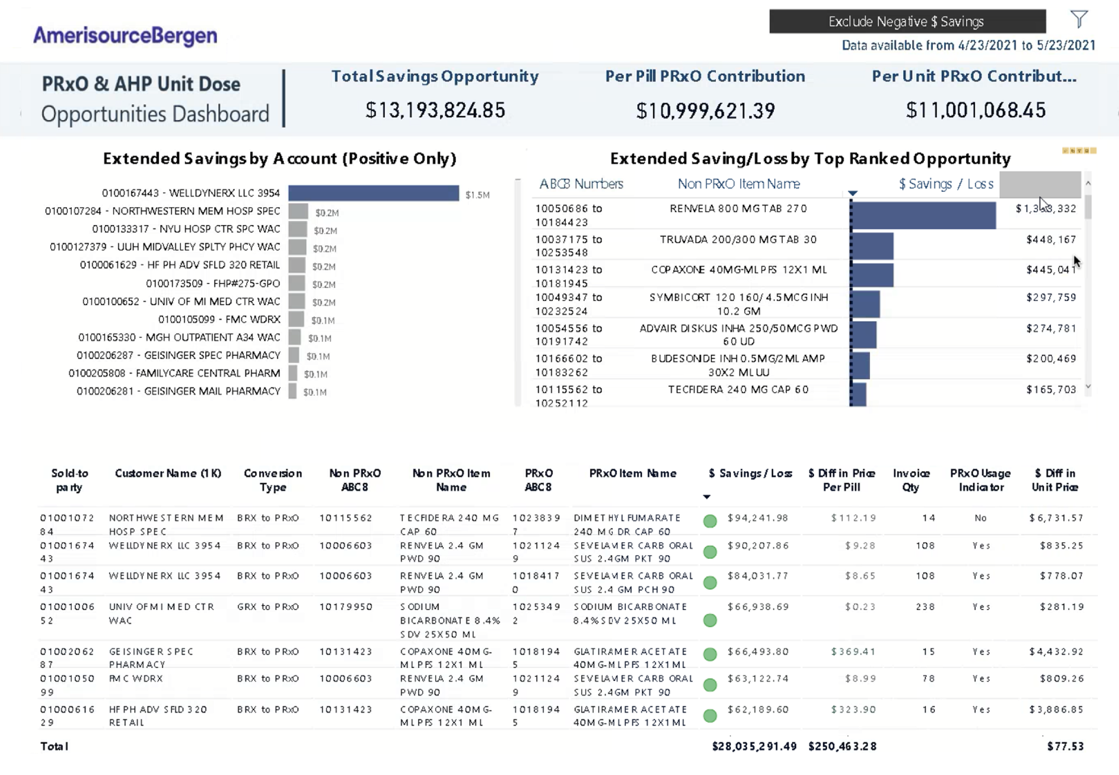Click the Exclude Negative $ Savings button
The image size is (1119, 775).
907,21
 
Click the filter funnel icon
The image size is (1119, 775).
1079,19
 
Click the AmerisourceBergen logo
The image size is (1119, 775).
125,35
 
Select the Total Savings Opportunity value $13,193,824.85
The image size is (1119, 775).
435,110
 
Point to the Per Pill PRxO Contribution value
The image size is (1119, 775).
705,111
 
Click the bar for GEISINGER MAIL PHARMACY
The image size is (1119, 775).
292,391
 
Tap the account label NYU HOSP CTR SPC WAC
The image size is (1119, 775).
186,229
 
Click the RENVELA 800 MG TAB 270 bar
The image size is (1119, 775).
924,215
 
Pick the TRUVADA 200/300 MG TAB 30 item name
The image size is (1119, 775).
738,239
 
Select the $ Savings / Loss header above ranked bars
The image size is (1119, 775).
946,184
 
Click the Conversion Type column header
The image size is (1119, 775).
273,480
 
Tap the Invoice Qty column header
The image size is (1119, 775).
911,480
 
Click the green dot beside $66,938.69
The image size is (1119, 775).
710,620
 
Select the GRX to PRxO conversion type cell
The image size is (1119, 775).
267,606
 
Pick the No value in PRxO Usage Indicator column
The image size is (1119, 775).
980,518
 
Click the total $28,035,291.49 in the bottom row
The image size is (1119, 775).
754,746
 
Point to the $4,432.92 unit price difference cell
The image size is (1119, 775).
1056,652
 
